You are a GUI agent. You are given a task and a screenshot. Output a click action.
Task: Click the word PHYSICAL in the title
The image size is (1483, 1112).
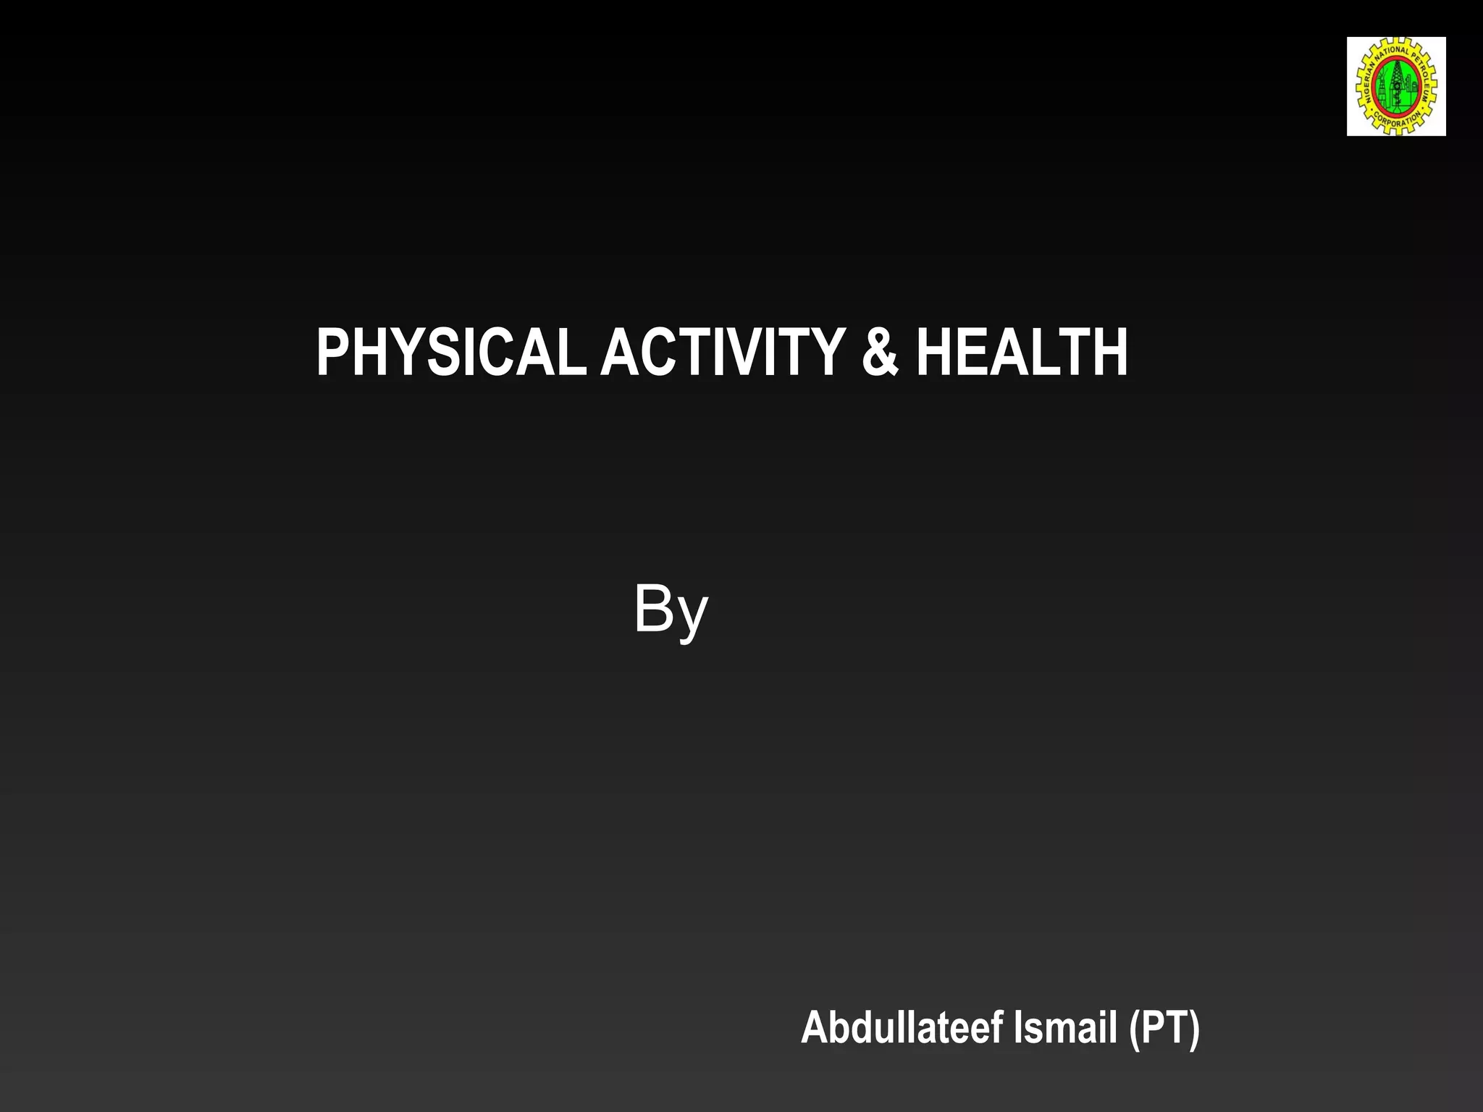coord(450,353)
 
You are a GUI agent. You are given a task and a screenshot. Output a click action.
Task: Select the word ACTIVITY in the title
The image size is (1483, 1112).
coord(722,353)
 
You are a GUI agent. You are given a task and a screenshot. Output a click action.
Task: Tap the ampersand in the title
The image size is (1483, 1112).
coord(880,353)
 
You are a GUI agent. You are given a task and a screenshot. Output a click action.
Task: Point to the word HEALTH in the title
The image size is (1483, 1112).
coord(1022,353)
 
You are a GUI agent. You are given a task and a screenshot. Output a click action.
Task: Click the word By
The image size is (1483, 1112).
coord(671,610)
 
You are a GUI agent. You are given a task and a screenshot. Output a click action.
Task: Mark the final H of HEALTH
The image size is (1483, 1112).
coord(1112,353)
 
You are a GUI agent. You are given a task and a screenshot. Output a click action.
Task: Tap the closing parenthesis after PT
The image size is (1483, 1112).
coord(1193,1028)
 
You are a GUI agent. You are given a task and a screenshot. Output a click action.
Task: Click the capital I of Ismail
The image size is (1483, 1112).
coord(1018,1027)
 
